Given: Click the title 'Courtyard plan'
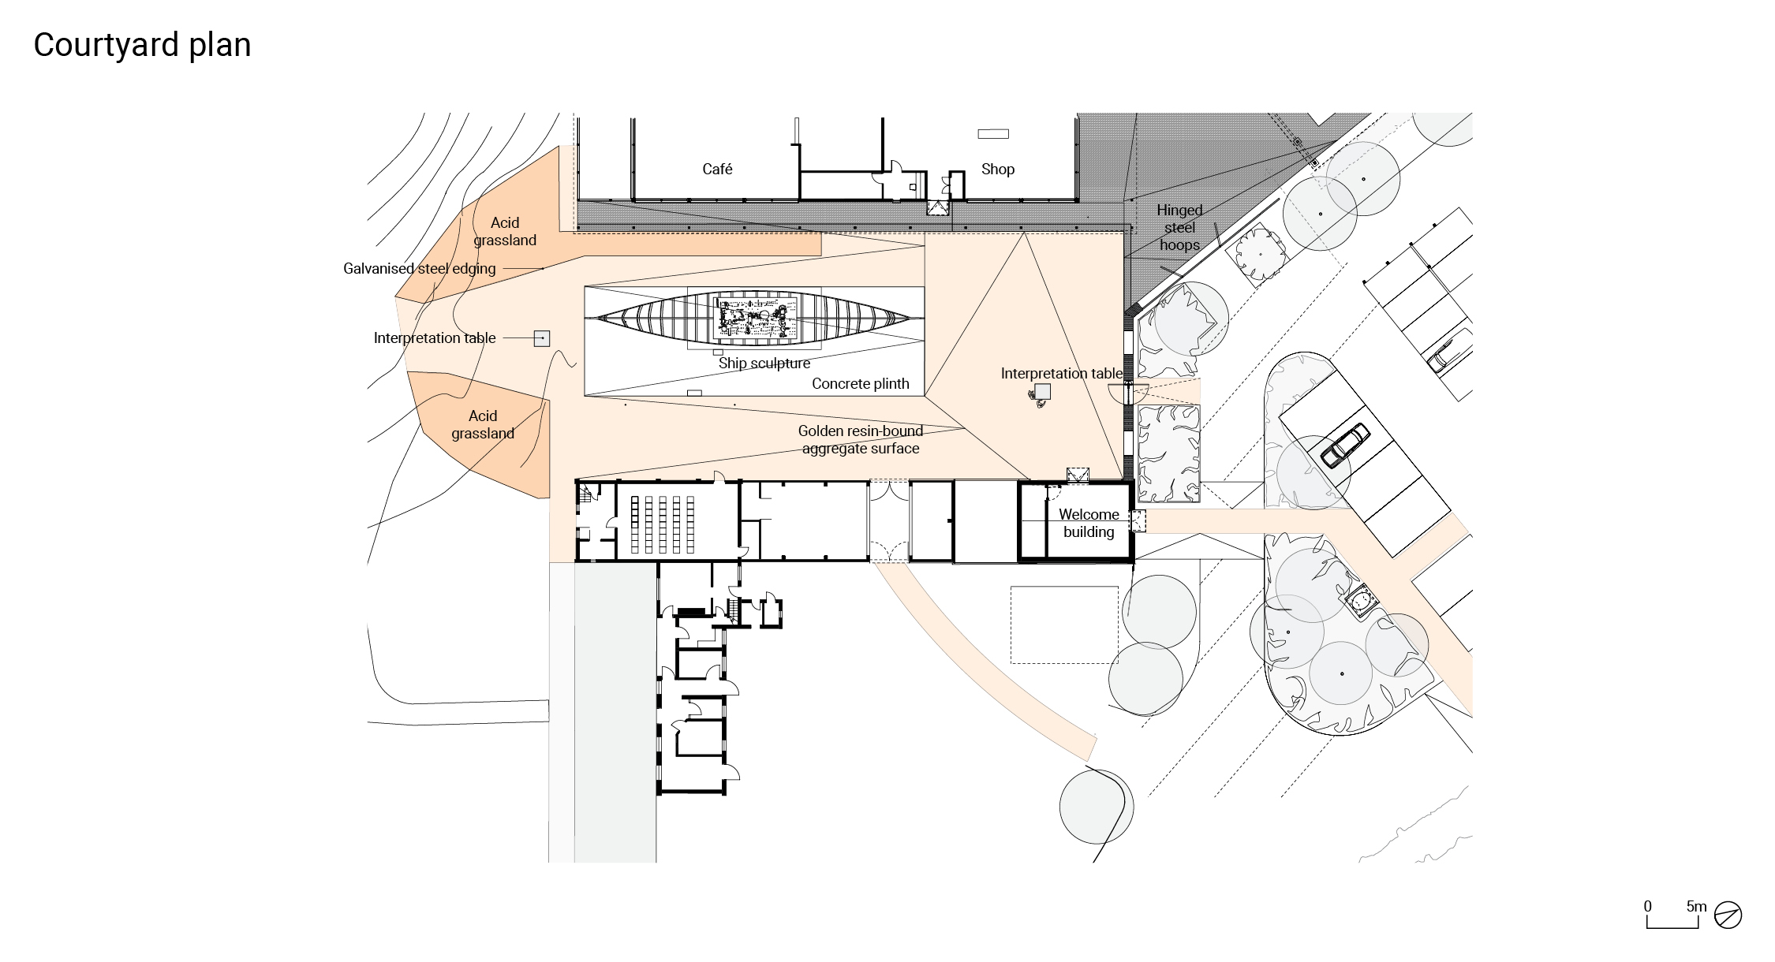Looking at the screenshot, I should click(x=142, y=45).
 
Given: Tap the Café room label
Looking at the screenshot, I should click(x=717, y=169).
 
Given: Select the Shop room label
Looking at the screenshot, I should click(x=997, y=169).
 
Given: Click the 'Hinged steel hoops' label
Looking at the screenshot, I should click(x=1179, y=227).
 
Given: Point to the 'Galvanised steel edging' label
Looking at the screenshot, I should click(x=419, y=269).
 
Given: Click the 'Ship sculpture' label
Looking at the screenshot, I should click(x=764, y=364).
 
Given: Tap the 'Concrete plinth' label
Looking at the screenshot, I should click(x=860, y=384).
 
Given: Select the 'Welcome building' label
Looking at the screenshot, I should click(x=1088, y=523).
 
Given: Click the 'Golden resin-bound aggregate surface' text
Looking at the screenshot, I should click(x=860, y=440).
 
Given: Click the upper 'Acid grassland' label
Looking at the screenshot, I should click(x=505, y=231).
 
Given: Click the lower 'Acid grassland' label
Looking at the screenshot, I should click(x=482, y=424).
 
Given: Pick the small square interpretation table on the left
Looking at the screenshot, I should click(x=541, y=338).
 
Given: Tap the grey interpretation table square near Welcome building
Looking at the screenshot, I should click(x=1043, y=391).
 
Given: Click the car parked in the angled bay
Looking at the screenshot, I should click(x=1344, y=446).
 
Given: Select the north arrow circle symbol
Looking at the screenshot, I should click(x=1728, y=915).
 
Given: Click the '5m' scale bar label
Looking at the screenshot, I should click(x=1696, y=906).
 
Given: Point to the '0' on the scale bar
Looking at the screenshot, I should click(x=1647, y=906).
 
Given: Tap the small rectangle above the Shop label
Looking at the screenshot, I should click(x=992, y=134).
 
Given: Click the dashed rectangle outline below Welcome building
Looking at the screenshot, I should click(x=1064, y=625).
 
